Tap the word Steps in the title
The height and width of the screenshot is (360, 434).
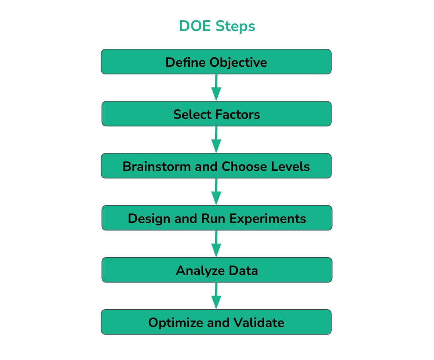235,27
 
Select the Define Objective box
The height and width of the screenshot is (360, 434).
216,62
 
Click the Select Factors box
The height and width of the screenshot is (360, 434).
216,114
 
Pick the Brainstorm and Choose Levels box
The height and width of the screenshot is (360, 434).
216,166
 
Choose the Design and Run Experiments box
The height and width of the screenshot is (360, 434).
217,218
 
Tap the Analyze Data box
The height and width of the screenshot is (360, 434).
217,270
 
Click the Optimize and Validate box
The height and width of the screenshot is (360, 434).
216,322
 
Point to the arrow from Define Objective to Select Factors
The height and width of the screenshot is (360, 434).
216,87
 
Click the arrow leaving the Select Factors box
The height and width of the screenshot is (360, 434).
216,139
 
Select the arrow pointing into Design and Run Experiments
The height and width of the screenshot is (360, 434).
216,192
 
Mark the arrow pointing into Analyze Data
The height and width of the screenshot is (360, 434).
216,244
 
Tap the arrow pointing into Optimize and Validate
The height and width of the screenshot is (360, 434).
216,296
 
